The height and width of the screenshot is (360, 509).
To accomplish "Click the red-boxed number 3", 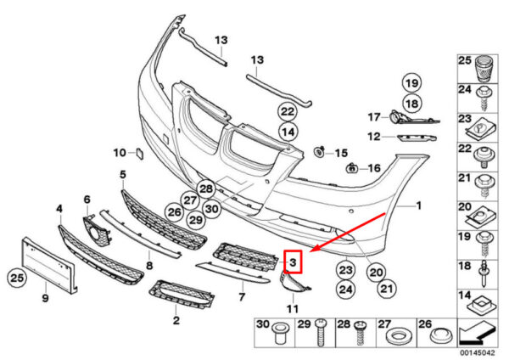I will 294,262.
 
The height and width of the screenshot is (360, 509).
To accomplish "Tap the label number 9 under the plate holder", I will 45,299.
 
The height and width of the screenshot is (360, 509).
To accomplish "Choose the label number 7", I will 242,297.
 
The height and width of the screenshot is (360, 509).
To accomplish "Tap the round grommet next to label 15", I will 320,152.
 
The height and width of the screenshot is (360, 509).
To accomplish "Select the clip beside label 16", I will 350,168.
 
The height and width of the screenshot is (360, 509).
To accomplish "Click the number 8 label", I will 149,265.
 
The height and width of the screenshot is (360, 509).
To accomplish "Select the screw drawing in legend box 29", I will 322,337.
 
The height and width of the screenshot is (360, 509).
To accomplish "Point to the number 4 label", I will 59,207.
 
